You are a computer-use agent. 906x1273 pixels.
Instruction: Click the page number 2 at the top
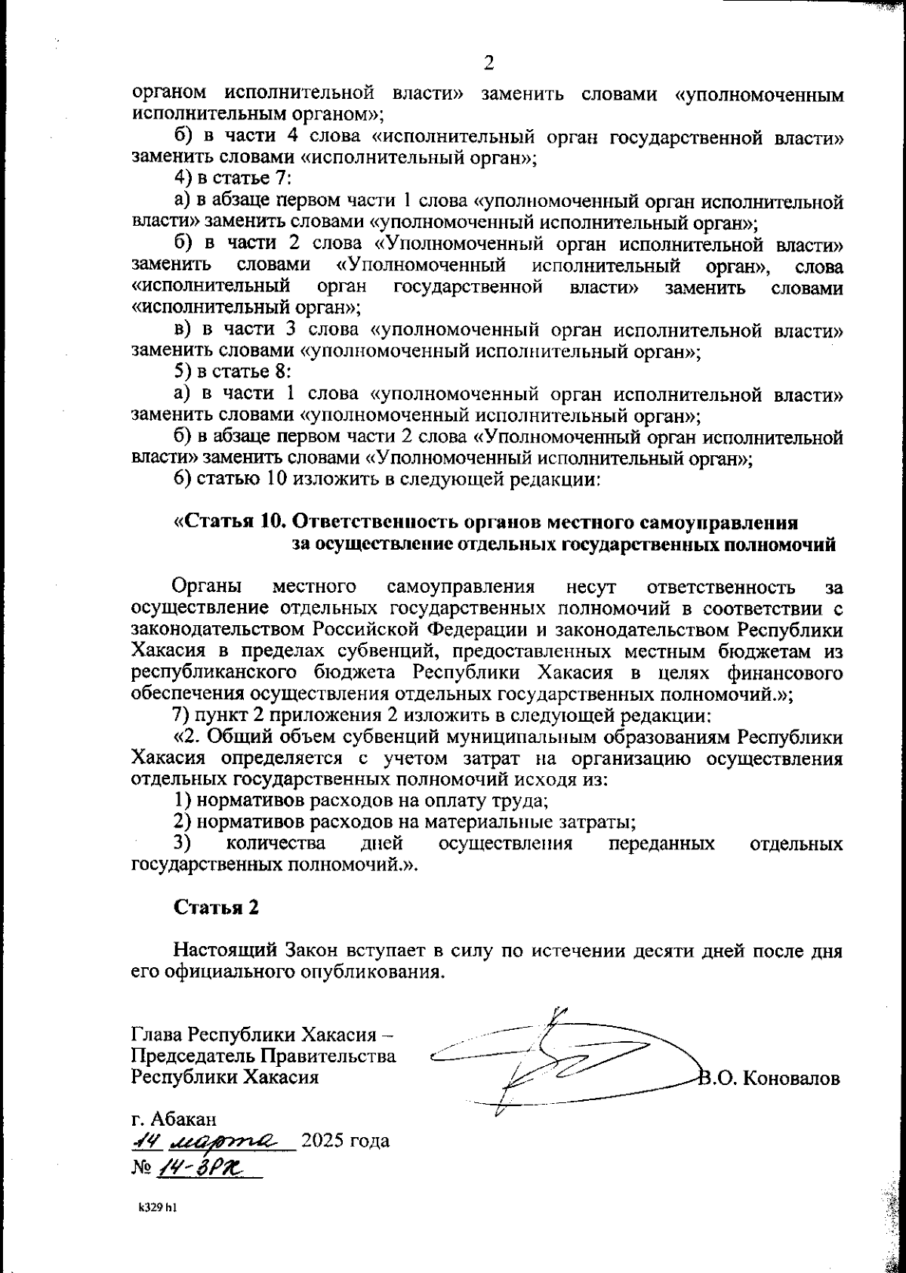[x=488, y=63]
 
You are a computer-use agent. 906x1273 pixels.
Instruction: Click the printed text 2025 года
[x=346, y=1140]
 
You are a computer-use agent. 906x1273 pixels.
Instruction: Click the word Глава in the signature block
[x=157, y=1033]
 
